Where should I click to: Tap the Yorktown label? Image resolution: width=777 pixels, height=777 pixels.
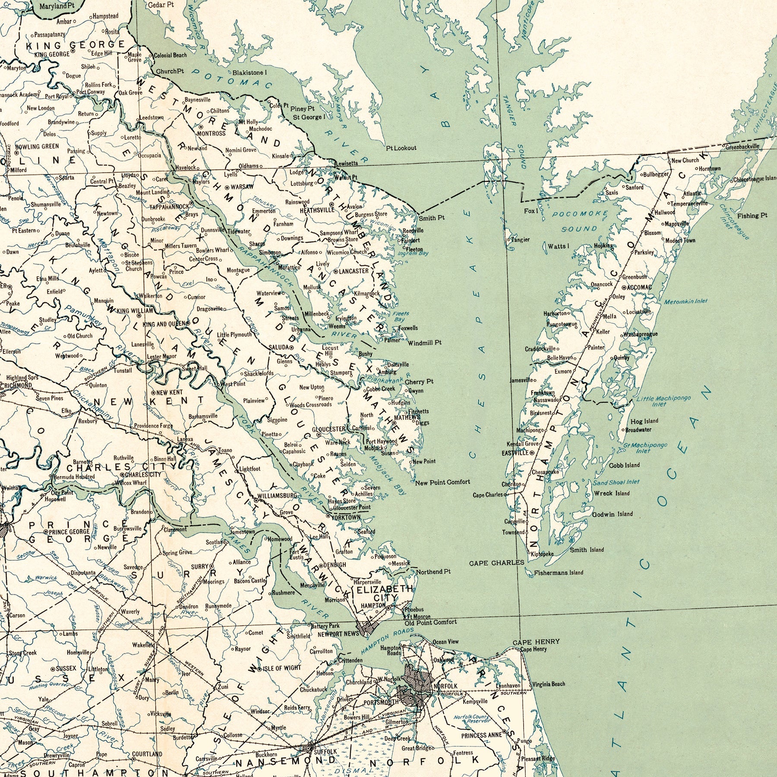[x=346, y=517]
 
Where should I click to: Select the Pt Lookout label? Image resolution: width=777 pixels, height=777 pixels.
[x=401, y=148]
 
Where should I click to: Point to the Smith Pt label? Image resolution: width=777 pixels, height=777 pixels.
[x=431, y=218]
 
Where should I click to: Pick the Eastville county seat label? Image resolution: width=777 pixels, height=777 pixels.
[x=515, y=453]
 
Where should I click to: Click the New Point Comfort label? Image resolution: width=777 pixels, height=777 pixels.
[x=442, y=482]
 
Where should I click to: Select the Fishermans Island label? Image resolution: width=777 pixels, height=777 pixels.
[x=558, y=573]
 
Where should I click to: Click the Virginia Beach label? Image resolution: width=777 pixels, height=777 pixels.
[x=548, y=684]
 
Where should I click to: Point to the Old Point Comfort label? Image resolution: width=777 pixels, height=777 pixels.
[x=430, y=622]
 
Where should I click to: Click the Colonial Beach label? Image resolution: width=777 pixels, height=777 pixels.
[x=171, y=55]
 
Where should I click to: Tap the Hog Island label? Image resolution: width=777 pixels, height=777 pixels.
[x=644, y=421]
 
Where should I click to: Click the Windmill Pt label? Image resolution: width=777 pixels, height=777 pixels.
[x=425, y=343]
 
